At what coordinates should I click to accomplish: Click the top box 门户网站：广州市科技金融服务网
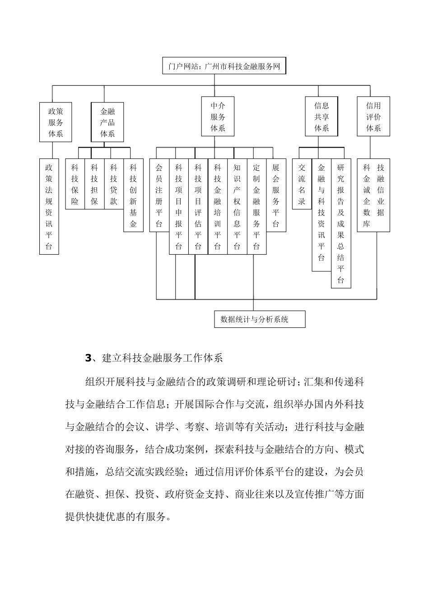pos(224,66)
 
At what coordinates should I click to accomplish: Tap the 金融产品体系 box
pos(107,122)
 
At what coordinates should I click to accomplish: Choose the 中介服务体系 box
pos(218,117)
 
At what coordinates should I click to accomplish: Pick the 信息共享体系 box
pos(322,117)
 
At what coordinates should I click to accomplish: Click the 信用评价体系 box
pos(373,117)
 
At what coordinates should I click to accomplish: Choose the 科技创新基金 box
pos(133,195)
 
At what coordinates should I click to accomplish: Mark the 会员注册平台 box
pos(159,195)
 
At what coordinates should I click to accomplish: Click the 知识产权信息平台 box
pos(237,206)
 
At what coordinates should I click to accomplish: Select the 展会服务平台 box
pos(276,195)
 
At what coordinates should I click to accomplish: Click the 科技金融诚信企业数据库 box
pos(373,195)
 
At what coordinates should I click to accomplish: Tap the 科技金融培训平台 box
pos(218,206)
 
